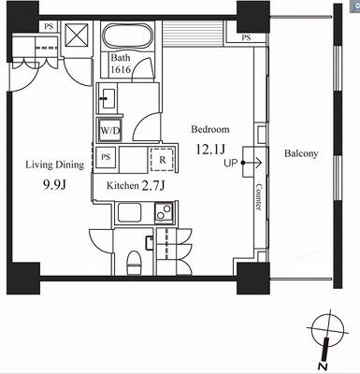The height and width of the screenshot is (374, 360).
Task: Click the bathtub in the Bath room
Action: click(127, 36)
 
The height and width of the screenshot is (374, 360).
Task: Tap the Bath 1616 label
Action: click(121, 64)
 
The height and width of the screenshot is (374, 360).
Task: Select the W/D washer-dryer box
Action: click(110, 130)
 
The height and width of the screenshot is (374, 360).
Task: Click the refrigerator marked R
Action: click(162, 160)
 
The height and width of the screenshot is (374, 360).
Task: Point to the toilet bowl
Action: click(135, 263)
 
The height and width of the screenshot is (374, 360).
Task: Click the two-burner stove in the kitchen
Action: click(164, 211)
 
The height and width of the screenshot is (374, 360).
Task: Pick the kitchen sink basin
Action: click(130, 212)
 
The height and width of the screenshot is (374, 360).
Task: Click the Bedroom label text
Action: click(210, 129)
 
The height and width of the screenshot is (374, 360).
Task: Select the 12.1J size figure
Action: click(209, 150)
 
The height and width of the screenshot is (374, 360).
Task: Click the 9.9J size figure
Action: click(54, 185)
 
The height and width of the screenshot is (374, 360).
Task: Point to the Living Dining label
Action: click(55, 165)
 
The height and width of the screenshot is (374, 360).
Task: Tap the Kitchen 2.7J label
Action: click(136, 186)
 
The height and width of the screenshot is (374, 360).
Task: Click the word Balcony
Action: click(301, 153)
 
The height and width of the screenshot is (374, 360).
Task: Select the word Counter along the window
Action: click(258, 196)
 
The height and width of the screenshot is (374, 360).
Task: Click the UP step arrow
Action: click(252, 163)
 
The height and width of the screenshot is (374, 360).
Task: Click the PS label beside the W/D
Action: click(106, 157)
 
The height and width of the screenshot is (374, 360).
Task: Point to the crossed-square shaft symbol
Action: click(77, 34)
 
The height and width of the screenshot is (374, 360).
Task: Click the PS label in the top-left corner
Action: click(49, 27)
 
